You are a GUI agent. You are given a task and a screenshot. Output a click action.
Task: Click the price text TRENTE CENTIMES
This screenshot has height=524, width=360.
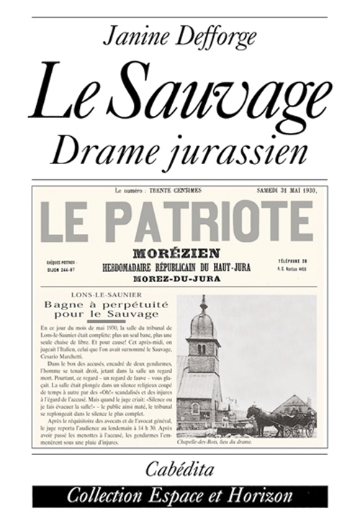172,191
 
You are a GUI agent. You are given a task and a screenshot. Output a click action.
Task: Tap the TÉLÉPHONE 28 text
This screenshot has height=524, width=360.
293,260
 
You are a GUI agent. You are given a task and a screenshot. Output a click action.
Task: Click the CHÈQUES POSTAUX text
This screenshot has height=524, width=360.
63,263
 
